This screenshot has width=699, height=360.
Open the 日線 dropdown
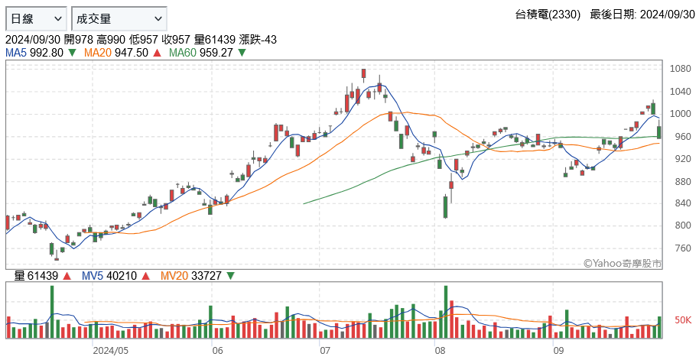[36, 18]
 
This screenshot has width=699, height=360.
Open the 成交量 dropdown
[119, 18]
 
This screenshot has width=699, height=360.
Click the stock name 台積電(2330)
[548, 15]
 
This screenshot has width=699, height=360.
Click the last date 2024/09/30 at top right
[668, 15]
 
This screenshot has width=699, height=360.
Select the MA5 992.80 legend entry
[34, 53]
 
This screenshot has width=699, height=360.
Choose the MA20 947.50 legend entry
[116, 53]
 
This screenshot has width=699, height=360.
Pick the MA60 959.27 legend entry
[201, 53]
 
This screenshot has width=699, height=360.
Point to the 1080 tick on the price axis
[681, 69]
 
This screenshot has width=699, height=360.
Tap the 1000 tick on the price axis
[681, 114]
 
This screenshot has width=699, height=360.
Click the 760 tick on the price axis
[681, 248]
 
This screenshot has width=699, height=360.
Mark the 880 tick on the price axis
[681, 181]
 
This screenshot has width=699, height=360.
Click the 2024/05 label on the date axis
[110, 350]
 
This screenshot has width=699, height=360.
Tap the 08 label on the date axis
[440, 350]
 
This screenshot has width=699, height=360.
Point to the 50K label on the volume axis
[683, 320]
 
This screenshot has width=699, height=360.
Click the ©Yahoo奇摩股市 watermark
[623, 264]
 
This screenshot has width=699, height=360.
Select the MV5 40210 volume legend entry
[109, 276]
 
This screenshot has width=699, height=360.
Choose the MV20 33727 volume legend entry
[190, 276]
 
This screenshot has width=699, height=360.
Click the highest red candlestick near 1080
[364, 74]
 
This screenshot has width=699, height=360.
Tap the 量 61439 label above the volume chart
[36, 276]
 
